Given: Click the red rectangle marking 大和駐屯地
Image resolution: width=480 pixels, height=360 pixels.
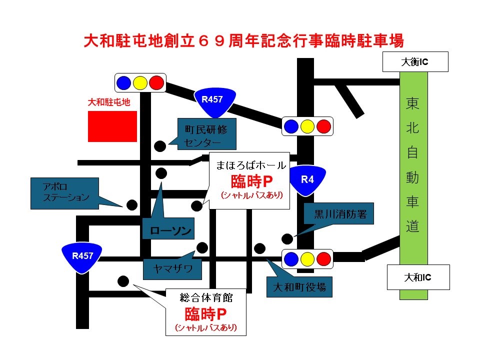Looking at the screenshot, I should pos(112,126).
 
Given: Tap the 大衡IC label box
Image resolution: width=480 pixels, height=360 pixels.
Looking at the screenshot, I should pos(415,62).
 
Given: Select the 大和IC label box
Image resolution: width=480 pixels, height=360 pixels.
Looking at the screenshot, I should pos(418,277).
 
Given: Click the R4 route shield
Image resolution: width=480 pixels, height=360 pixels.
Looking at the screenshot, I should pos(307,180).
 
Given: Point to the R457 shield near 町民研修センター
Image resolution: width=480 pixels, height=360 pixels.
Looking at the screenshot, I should pos(212,100).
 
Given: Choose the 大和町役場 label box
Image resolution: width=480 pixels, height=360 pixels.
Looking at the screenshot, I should pos(299,287).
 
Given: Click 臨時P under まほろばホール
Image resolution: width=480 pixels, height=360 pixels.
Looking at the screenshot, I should pos(248,181).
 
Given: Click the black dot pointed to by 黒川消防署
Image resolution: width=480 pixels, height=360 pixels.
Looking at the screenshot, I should pos(287,239).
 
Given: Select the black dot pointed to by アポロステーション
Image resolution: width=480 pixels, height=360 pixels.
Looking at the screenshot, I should pos(132,205).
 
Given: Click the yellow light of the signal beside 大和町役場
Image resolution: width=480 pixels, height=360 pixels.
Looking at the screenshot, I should pos(307,259).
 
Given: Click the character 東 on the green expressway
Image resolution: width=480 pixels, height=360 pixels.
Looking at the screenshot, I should pos(413,105).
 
